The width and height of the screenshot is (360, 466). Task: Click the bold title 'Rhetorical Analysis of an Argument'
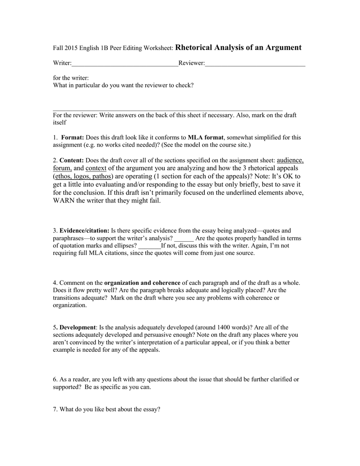238,47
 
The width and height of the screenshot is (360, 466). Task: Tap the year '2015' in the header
71,48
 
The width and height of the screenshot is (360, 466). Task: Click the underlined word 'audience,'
290,160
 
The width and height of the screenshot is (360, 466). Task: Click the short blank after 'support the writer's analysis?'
184,238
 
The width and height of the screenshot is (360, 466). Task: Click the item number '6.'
56,379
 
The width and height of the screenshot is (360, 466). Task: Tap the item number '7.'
56,409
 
